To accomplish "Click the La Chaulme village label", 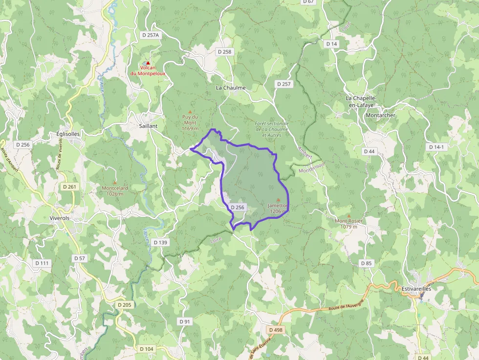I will click(231, 88).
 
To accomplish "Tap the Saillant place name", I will click(148, 126).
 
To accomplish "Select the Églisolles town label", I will click(68, 134).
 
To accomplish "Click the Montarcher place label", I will click(380, 115).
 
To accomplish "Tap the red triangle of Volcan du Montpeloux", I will click(148, 63).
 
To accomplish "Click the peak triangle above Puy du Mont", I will click(190, 111).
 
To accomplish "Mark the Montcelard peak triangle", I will click(115, 183).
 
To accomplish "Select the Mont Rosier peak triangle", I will click(349, 215).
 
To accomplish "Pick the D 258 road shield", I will click(224, 52).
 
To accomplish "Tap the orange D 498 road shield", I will click(276, 330).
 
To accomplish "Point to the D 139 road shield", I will click(160, 242).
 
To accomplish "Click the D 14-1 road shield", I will click(436, 147).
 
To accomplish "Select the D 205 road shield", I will click(125, 305).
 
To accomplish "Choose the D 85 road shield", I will click(367, 263).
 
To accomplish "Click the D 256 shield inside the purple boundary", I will click(237, 208).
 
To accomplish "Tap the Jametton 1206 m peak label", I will click(277, 209).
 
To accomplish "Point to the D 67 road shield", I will click(309, 2).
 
